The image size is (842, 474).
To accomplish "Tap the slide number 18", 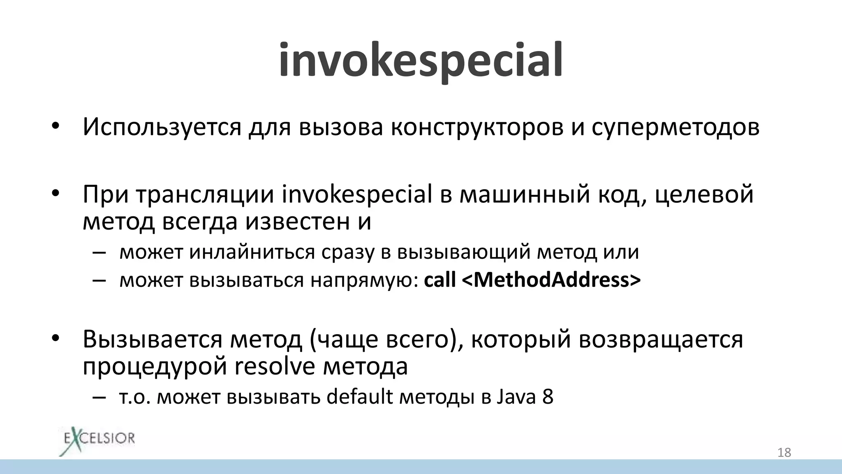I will click(784, 453).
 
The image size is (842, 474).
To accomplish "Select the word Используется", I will click(162, 128).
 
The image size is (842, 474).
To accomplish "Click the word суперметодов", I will click(675, 128).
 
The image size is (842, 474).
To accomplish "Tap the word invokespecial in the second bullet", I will click(357, 194).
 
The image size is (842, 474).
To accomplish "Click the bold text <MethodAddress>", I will click(551, 280).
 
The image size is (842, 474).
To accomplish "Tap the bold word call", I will click(440, 280).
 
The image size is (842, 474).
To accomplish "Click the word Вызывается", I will click(153, 339).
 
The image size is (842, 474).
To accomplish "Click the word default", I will click(360, 397).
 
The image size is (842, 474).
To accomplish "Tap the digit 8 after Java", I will click(548, 397).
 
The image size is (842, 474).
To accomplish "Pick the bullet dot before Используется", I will click(56, 125).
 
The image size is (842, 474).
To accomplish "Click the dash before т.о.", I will click(99, 397).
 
